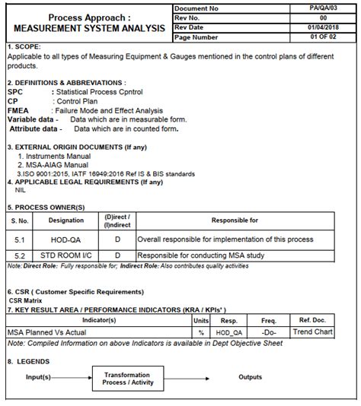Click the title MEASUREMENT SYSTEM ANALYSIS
point(89,28)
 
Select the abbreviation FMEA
point(18,110)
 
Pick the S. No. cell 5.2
point(18,256)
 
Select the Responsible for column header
point(235,220)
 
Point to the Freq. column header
point(268,321)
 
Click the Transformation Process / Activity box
point(126,379)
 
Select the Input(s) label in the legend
point(38,377)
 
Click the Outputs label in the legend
point(250,377)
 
